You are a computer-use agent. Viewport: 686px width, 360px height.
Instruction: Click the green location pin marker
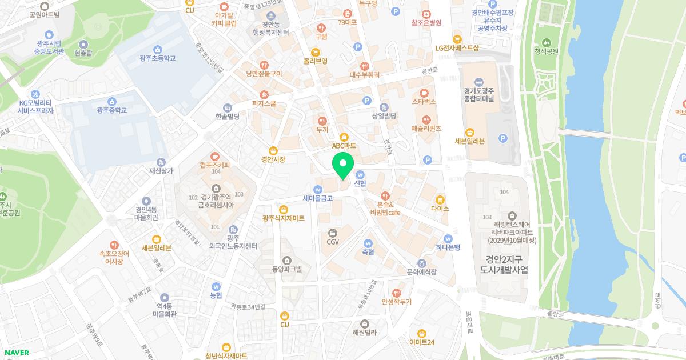click(x=342, y=165)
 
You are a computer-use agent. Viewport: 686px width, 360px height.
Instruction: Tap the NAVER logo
click(x=15, y=353)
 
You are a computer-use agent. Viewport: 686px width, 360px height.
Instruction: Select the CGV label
click(x=333, y=242)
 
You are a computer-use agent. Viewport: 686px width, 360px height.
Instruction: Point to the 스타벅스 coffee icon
click(x=424, y=93)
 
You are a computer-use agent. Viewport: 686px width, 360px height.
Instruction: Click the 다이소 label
click(x=440, y=209)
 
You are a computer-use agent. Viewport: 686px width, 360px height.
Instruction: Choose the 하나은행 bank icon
click(x=448, y=238)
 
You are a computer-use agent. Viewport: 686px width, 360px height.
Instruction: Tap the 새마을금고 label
click(x=318, y=198)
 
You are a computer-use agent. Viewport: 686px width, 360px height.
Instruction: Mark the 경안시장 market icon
click(x=273, y=150)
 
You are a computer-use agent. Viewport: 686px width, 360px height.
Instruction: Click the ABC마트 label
click(x=344, y=146)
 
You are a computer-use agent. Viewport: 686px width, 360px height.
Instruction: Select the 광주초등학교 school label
click(x=157, y=58)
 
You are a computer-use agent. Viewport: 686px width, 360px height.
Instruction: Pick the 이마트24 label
click(x=422, y=342)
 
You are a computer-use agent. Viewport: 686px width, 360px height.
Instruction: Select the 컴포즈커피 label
click(x=215, y=165)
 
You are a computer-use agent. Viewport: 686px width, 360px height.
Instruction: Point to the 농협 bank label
click(x=216, y=295)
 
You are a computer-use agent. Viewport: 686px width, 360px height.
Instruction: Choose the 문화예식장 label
click(x=421, y=272)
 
